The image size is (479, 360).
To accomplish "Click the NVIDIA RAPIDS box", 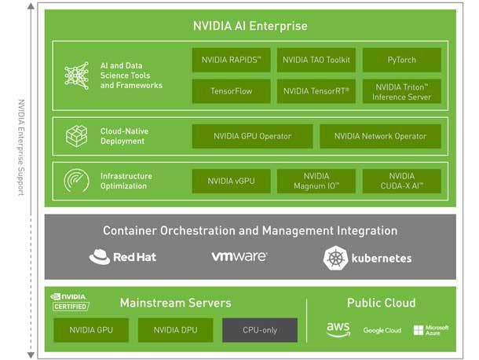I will (231, 60).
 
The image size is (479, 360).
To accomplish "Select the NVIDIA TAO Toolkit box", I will (316, 60).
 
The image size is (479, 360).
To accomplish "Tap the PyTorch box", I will (401, 60).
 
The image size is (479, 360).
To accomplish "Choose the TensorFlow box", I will (231, 91).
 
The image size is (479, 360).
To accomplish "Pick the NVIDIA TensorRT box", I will (316, 91).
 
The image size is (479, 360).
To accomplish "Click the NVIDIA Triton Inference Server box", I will (401, 91).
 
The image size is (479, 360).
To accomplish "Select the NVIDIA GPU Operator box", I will (252, 136).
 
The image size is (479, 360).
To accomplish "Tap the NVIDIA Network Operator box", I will (380, 136).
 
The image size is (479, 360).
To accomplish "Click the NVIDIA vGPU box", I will (231, 181).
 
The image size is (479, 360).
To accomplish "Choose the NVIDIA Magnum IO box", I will (316, 181).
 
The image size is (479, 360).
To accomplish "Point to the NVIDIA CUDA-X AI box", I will (401, 181).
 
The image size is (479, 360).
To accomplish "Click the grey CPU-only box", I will (259, 330).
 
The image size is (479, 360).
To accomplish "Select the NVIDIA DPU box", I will (175, 330).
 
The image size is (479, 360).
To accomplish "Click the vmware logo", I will (239, 257).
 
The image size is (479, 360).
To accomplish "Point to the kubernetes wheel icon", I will (335, 258).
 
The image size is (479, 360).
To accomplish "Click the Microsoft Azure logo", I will (430, 330).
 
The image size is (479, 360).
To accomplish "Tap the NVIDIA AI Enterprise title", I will (250, 25).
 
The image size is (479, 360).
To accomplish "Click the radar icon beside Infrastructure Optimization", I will (76, 182).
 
